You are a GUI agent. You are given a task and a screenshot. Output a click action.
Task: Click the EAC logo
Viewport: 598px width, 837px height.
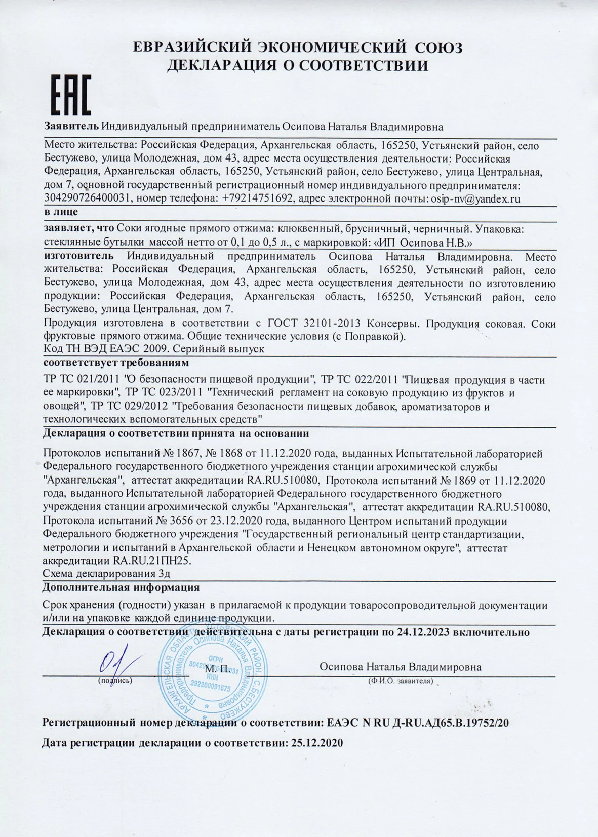71,95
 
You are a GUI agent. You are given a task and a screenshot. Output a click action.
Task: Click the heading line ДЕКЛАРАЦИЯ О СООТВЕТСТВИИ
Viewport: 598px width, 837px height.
298,66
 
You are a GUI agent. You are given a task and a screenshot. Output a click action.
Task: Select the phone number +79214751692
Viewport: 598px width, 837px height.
258,199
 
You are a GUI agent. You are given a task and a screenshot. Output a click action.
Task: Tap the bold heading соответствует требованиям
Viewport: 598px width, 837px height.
116,363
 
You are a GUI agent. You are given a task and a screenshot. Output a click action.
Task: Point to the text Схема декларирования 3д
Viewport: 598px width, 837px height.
106,574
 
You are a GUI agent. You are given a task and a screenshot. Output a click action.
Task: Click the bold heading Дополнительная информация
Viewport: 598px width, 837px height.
121,587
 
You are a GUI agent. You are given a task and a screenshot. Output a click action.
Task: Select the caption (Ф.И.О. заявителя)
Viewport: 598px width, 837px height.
401,681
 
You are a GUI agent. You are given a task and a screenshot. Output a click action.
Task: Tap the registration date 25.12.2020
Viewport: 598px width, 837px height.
315,743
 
